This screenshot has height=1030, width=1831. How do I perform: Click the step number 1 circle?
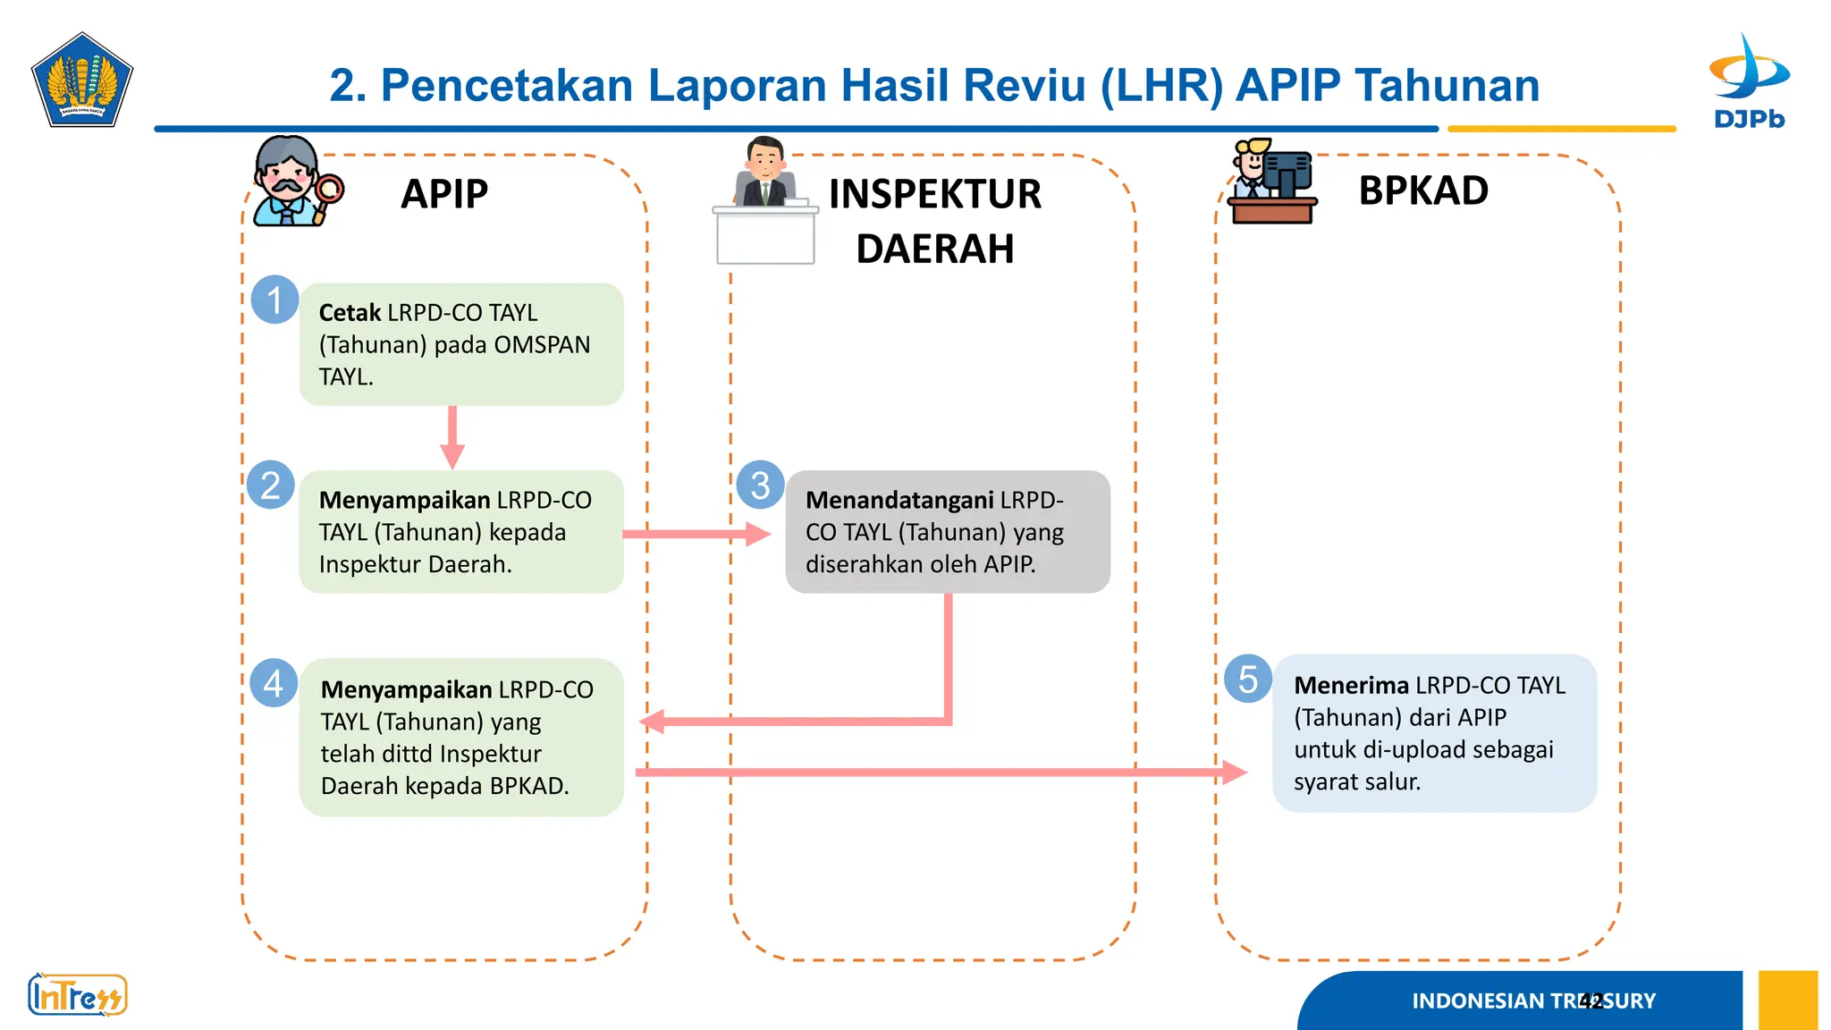coord(274,300)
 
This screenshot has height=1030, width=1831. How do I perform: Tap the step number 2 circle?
coord(270,485)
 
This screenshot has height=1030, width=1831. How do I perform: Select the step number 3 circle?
coord(760,485)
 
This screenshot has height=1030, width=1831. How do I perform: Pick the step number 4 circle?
coord(274,683)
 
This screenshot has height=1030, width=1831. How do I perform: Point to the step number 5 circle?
coord(1248,679)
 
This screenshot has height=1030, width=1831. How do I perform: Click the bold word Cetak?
coord(350,313)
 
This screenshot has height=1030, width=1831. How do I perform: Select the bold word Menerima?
coord(1351,686)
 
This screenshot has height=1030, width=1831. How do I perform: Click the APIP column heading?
coord(444,194)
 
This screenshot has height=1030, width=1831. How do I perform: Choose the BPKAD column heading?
coord(1423,190)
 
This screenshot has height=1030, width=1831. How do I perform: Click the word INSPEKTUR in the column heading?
coord(934,195)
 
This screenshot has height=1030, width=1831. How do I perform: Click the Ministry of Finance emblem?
coord(82,80)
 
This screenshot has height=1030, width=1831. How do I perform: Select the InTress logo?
coord(78,995)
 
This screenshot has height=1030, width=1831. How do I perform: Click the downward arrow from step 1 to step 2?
coord(452,438)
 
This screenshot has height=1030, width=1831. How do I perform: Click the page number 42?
coord(1591,1000)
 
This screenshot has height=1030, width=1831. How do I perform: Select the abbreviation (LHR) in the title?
coord(1161,86)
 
